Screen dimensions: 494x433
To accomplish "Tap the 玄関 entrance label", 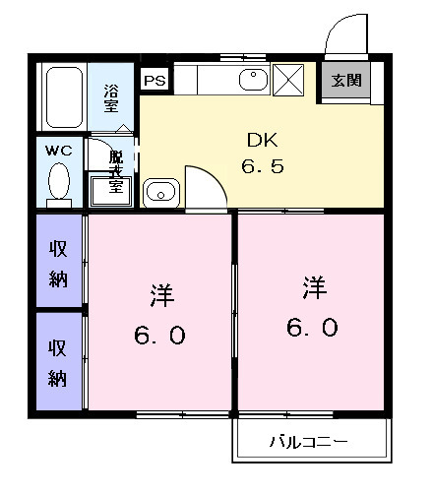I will [344, 81].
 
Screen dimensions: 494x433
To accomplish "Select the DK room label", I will [262, 140].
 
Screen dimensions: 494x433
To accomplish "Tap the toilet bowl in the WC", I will [59, 184].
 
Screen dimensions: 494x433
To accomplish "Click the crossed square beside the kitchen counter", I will [290, 78].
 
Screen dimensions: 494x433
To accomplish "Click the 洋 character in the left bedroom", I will [161, 294].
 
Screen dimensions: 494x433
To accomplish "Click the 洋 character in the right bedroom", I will [314, 287].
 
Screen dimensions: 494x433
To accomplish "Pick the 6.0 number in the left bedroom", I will [160, 336].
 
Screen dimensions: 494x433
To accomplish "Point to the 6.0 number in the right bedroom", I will [314, 327].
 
